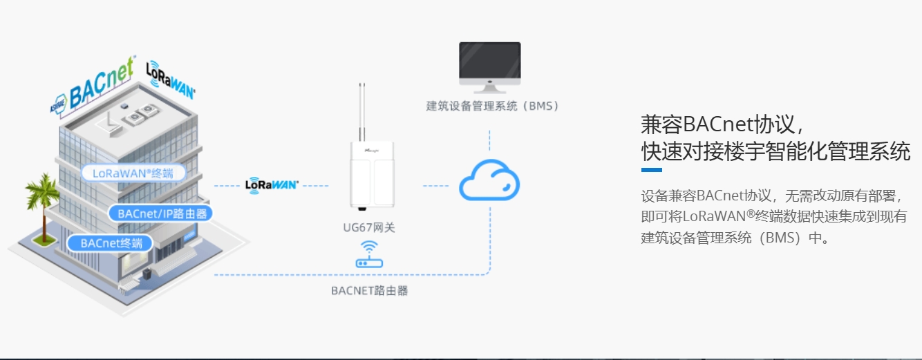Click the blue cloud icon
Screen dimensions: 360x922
tap(489, 181)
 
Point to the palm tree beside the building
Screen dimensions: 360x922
tap(41, 200)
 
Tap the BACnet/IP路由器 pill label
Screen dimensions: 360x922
tap(158, 214)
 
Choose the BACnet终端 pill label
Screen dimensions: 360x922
tap(111, 243)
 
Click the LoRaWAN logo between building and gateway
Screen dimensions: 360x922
tap(272, 184)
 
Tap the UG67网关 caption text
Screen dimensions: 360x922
tap(369, 227)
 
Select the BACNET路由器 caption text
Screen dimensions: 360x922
tap(370, 291)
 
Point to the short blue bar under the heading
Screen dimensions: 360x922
tap(652, 170)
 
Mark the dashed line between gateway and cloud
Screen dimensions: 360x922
tap(435, 185)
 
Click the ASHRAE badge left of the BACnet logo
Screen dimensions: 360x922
tap(57, 103)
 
